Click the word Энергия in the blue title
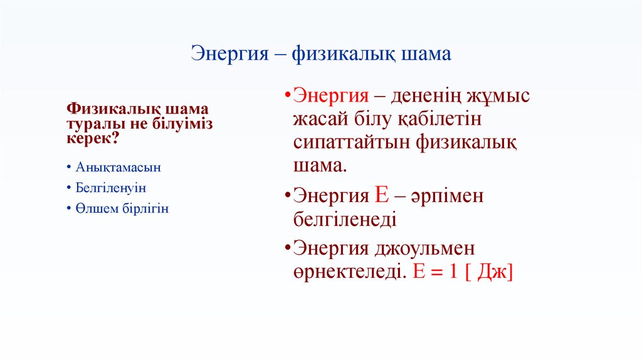pos(231,54)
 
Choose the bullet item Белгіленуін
pos(111,188)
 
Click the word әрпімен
pos(448,196)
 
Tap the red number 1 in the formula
pos(453,272)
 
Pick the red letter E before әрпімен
pos(382,195)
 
